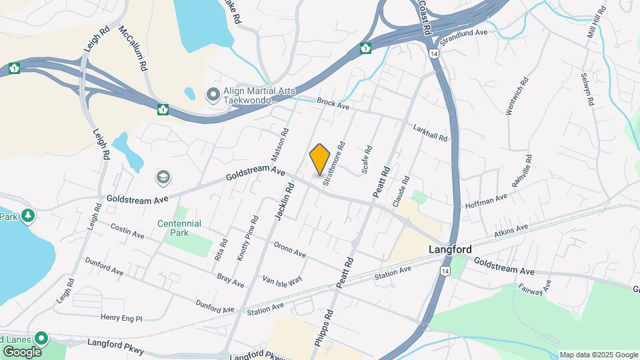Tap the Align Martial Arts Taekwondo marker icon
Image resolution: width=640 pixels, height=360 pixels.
click(x=213, y=95)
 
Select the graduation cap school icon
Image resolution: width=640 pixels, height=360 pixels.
click(x=163, y=177)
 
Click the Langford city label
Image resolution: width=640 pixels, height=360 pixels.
click(x=449, y=249)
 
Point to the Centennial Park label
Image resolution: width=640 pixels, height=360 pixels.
click(x=179, y=228)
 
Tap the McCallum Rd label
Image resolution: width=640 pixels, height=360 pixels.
click(x=131, y=49)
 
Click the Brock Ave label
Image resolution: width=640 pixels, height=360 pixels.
click(x=333, y=105)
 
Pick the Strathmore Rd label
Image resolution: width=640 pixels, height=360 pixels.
click(x=333, y=162)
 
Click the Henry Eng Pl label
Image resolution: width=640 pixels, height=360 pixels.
click(x=121, y=318)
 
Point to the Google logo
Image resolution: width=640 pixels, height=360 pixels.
click(x=21, y=351)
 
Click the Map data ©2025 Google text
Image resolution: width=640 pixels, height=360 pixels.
click(x=598, y=355)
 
